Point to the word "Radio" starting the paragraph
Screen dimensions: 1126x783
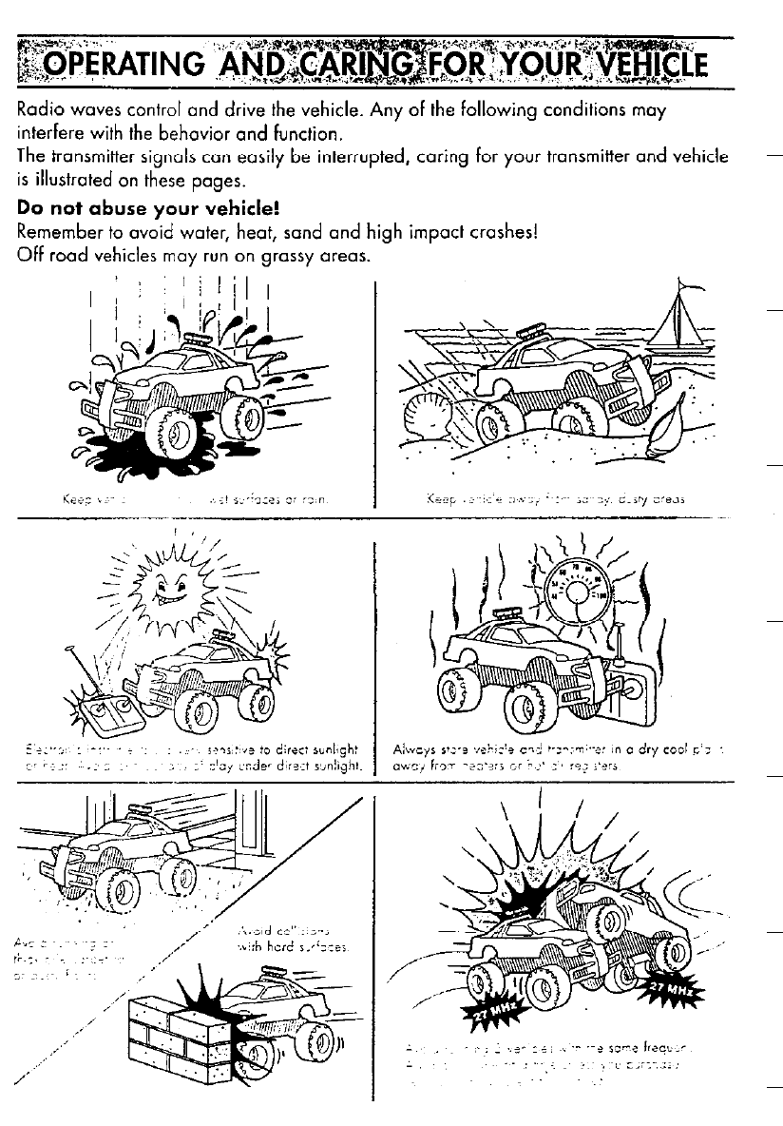click(44, 111)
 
